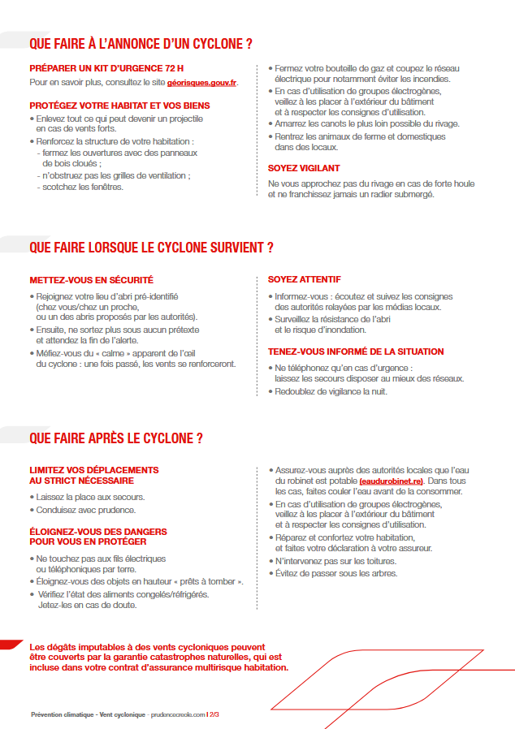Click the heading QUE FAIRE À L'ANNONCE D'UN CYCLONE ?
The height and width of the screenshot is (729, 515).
click(x=140, y=43)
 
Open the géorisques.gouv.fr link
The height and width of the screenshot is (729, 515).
click(x=201, y=83)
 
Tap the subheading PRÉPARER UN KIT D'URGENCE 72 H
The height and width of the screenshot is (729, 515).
click(x=106, y=70)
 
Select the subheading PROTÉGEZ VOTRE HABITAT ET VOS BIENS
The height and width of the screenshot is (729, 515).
click(x=119, y=106)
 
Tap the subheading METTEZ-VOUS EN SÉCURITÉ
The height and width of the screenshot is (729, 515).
click(x=91, y=280)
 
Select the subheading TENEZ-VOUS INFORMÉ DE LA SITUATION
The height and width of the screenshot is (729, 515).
click(x=356, y=352)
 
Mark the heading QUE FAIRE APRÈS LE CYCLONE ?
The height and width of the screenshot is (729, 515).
click(x=115, y=439)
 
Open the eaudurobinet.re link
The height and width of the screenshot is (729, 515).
click(x=392, y=481)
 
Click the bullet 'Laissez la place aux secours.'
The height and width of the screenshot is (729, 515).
click(x=90, y=496)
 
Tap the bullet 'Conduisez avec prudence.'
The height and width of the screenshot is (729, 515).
click(x=86, y=510)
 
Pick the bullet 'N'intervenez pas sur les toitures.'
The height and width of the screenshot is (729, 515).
click(x=335, y=561)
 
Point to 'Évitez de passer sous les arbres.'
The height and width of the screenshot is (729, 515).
click(x=336, y=574)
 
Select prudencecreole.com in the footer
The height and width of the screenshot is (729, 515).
click(x=176, y=715)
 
